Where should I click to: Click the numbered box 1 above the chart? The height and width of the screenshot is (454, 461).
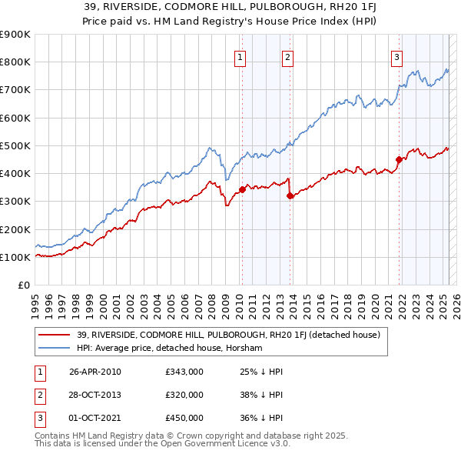tap(240, 56)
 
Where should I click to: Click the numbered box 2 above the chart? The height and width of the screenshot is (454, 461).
tap(287, 56)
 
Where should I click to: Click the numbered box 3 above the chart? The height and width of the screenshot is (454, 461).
tap(397, 56)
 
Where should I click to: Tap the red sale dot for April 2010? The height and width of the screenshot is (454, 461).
tap(242, 189)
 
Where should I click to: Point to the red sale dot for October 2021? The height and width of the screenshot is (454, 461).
tap(400, 159)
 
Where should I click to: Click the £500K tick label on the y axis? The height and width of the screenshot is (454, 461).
tap(14, 145)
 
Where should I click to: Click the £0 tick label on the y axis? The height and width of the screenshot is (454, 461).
tap(23, 285)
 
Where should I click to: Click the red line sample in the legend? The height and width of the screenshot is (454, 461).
tap(55, 334)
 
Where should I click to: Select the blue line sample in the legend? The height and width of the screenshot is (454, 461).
tap(55, 349)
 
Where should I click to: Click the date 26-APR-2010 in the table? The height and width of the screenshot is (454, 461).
tap(95, 372)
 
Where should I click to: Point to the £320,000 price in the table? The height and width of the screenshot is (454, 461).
tap(184, 395)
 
